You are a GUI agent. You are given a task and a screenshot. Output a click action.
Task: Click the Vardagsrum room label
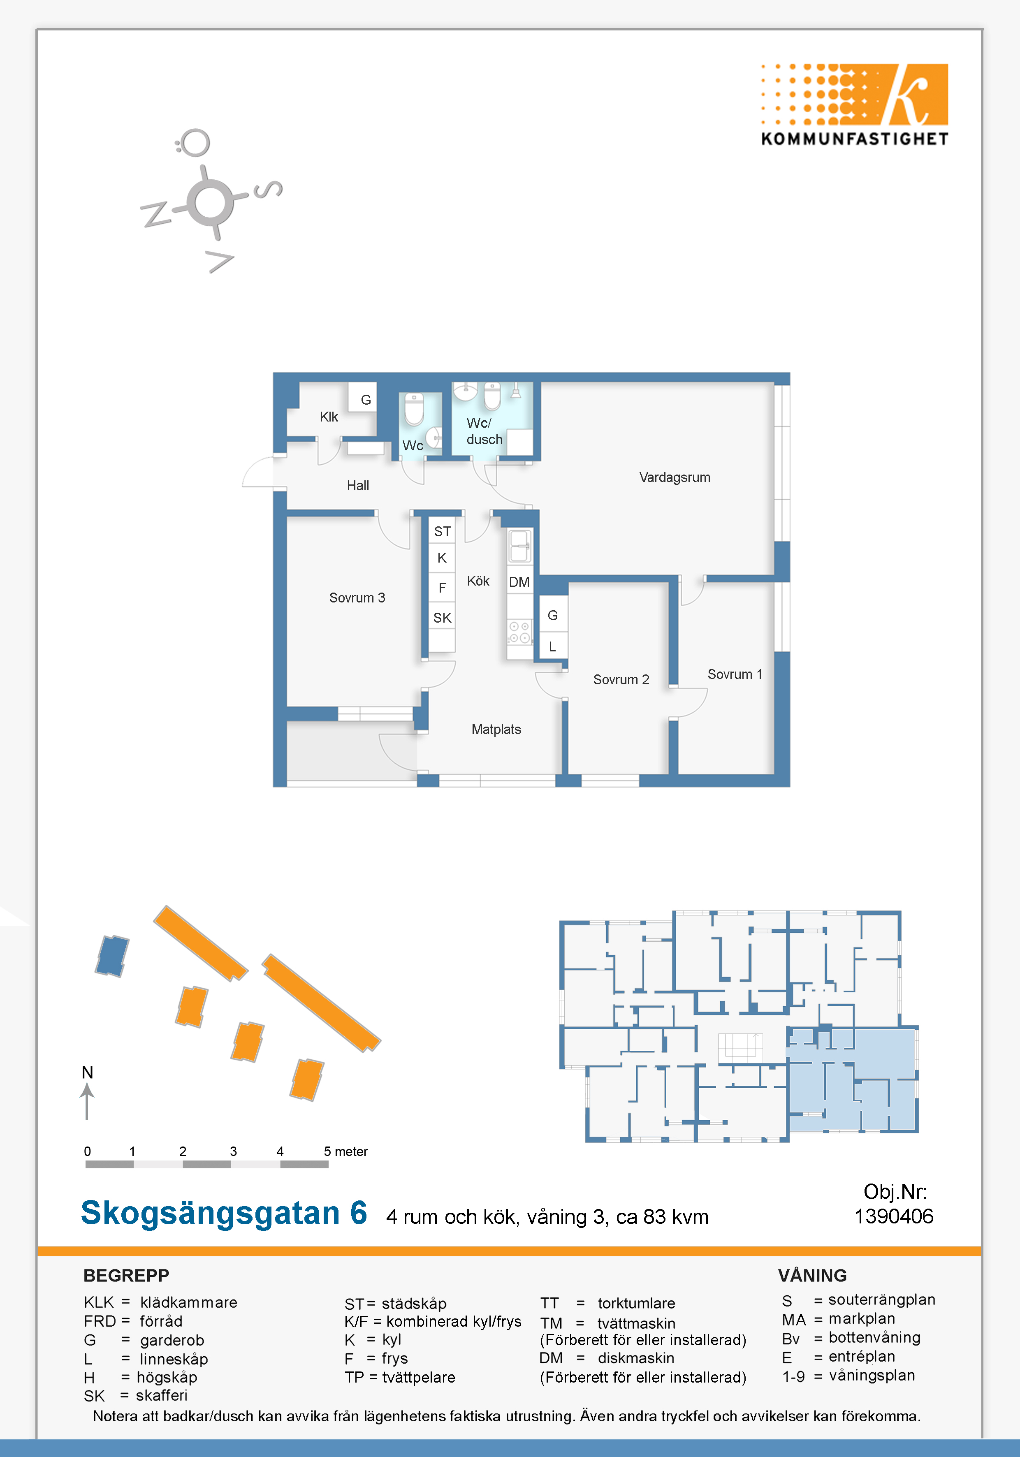pos(674,477)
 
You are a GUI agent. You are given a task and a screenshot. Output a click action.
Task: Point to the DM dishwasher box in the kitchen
pos(519,582)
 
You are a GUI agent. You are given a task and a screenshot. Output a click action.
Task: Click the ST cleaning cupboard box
pos(443,531)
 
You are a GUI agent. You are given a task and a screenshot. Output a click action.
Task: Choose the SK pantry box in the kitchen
pos(443,617)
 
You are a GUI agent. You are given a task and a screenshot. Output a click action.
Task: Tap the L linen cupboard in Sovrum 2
pos(552,646)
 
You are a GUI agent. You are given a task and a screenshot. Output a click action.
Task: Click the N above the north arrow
pos(88,1072)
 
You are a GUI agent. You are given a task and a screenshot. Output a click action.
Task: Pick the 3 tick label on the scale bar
pos(234,1151)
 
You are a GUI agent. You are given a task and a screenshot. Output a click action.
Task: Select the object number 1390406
pos(894,1216)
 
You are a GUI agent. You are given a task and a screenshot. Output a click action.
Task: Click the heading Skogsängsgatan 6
pos(224,1213)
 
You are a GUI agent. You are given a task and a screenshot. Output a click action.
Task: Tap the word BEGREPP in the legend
pos(126,1276)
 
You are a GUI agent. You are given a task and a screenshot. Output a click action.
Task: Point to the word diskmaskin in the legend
pos(636,1358)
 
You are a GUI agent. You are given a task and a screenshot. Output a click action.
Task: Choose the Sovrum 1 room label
pos(735,674)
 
